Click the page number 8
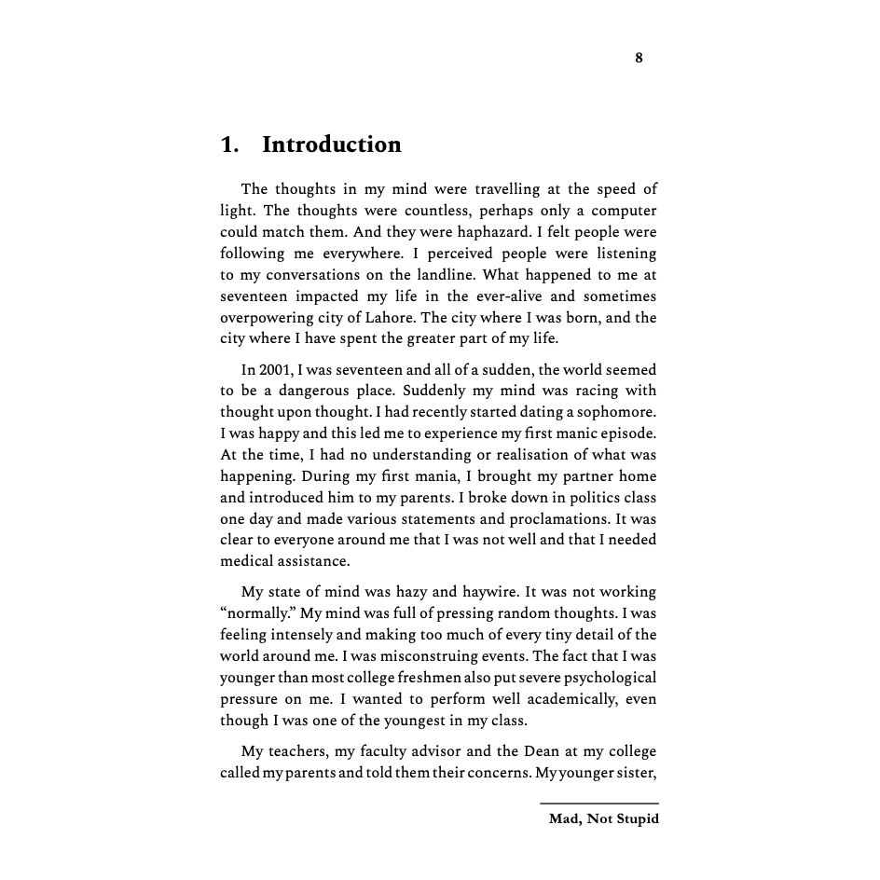tap(639, 58)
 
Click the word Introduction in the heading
tap(331, 144)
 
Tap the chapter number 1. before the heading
tap(229, 144)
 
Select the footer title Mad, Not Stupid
tap(603, 819)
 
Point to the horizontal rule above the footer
tap(598, 803)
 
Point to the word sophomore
tap(612, 412)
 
